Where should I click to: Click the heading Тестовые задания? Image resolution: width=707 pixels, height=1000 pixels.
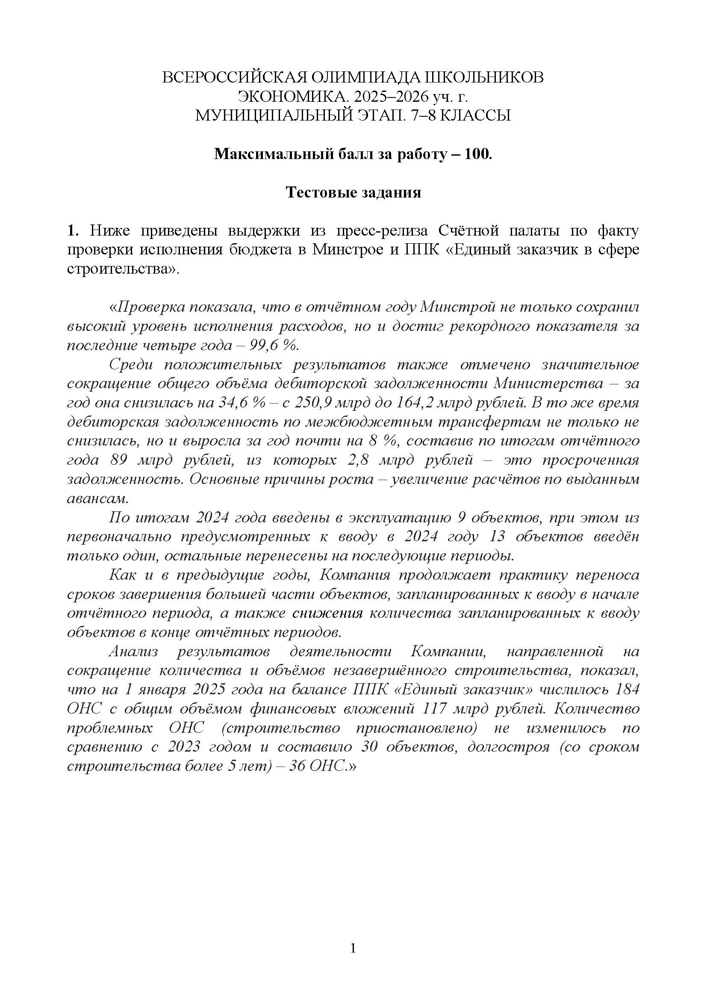point(353,192)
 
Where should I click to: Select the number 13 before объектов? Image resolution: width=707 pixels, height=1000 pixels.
point(497,537)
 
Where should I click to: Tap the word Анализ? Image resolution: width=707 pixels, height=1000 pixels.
point(133,652)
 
